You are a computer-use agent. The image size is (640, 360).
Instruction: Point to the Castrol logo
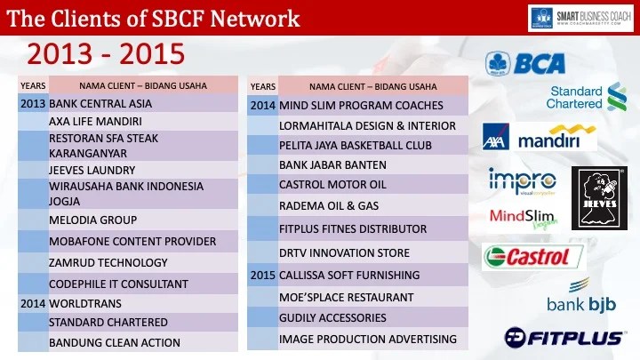coord(532,258)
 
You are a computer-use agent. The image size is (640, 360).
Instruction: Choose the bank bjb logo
coord(582,297)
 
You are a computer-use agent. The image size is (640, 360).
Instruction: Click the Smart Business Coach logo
coord(580,17)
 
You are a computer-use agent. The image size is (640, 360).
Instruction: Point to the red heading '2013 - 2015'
coord(105,54)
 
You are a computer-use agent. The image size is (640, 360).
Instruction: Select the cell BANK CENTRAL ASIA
coord(100,103)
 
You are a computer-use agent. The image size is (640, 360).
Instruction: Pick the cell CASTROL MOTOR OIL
coord(332,184)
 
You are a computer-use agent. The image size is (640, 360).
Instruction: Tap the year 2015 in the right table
coord(262,275)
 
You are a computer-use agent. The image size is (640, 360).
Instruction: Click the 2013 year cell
coord(32,103)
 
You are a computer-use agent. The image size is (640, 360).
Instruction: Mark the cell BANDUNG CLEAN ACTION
coord(114,342)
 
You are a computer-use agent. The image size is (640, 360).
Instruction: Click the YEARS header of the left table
coord(32,85)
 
